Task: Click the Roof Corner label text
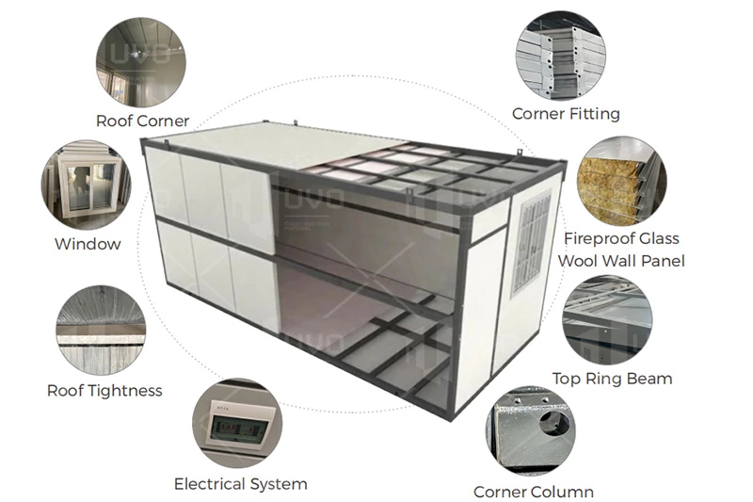pos(142,121)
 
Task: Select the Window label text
pos(88,244)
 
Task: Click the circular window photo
pos(86,185)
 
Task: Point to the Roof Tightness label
pos(104,390)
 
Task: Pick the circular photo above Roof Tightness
pos(101,331)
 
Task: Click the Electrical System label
pos(240,484)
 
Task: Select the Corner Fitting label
pos(566,113)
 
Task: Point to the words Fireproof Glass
pos(620,238)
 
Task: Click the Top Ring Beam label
pos(612,379)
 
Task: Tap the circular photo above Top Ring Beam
pos(607,321)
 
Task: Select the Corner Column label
pos(533,491)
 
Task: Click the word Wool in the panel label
pos(579,261)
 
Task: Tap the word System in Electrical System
pos(276,484)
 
